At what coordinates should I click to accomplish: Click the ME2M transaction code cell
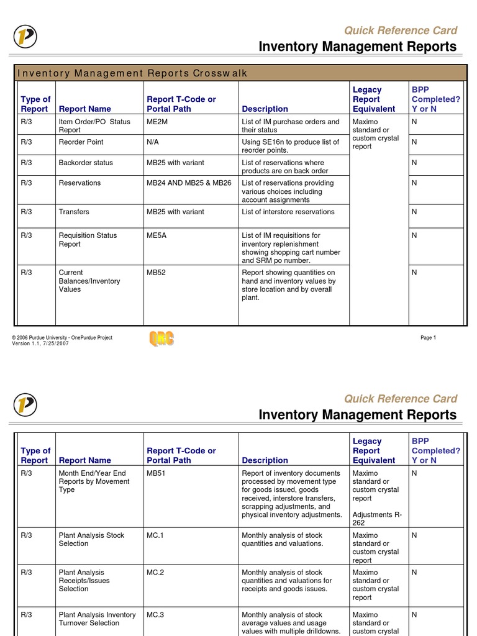pos(157,122)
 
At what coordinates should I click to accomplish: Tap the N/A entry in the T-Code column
pos(153,142)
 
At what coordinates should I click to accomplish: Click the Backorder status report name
pos(86,163)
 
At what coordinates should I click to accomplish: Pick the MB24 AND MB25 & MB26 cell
pos(189,183)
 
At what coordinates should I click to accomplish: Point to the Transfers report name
pos(74,212)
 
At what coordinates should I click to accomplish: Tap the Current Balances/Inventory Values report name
pos(89,281)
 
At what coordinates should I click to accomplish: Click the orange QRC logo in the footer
pos(161,338)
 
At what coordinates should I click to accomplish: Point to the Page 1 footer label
pos(429,338)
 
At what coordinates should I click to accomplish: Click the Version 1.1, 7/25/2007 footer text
pos(40,343)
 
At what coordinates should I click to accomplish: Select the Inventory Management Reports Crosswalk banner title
pos(133,73)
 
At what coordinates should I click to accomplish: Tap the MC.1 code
pos(155,535)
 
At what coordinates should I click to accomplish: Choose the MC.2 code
pos(155,573)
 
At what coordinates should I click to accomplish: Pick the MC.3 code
pos(155,615)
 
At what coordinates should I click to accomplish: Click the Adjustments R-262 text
pos(376,519)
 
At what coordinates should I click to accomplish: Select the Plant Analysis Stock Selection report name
pos(91,539)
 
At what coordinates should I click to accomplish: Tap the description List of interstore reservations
pos(288,212)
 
